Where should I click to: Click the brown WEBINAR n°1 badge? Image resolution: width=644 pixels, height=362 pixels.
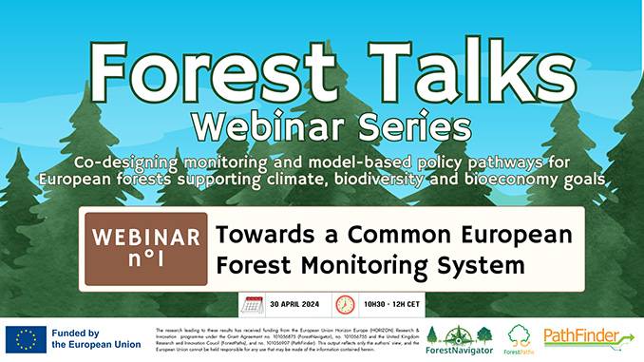tap(144, 249)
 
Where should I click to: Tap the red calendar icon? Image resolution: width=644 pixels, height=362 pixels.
tap(253, 305)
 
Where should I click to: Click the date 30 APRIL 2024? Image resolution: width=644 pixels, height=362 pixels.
tap(296, 305)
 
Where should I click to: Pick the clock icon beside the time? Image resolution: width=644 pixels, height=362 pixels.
tap(345, 305)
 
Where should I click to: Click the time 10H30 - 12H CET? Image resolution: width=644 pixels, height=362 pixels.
tap(388, 305)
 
